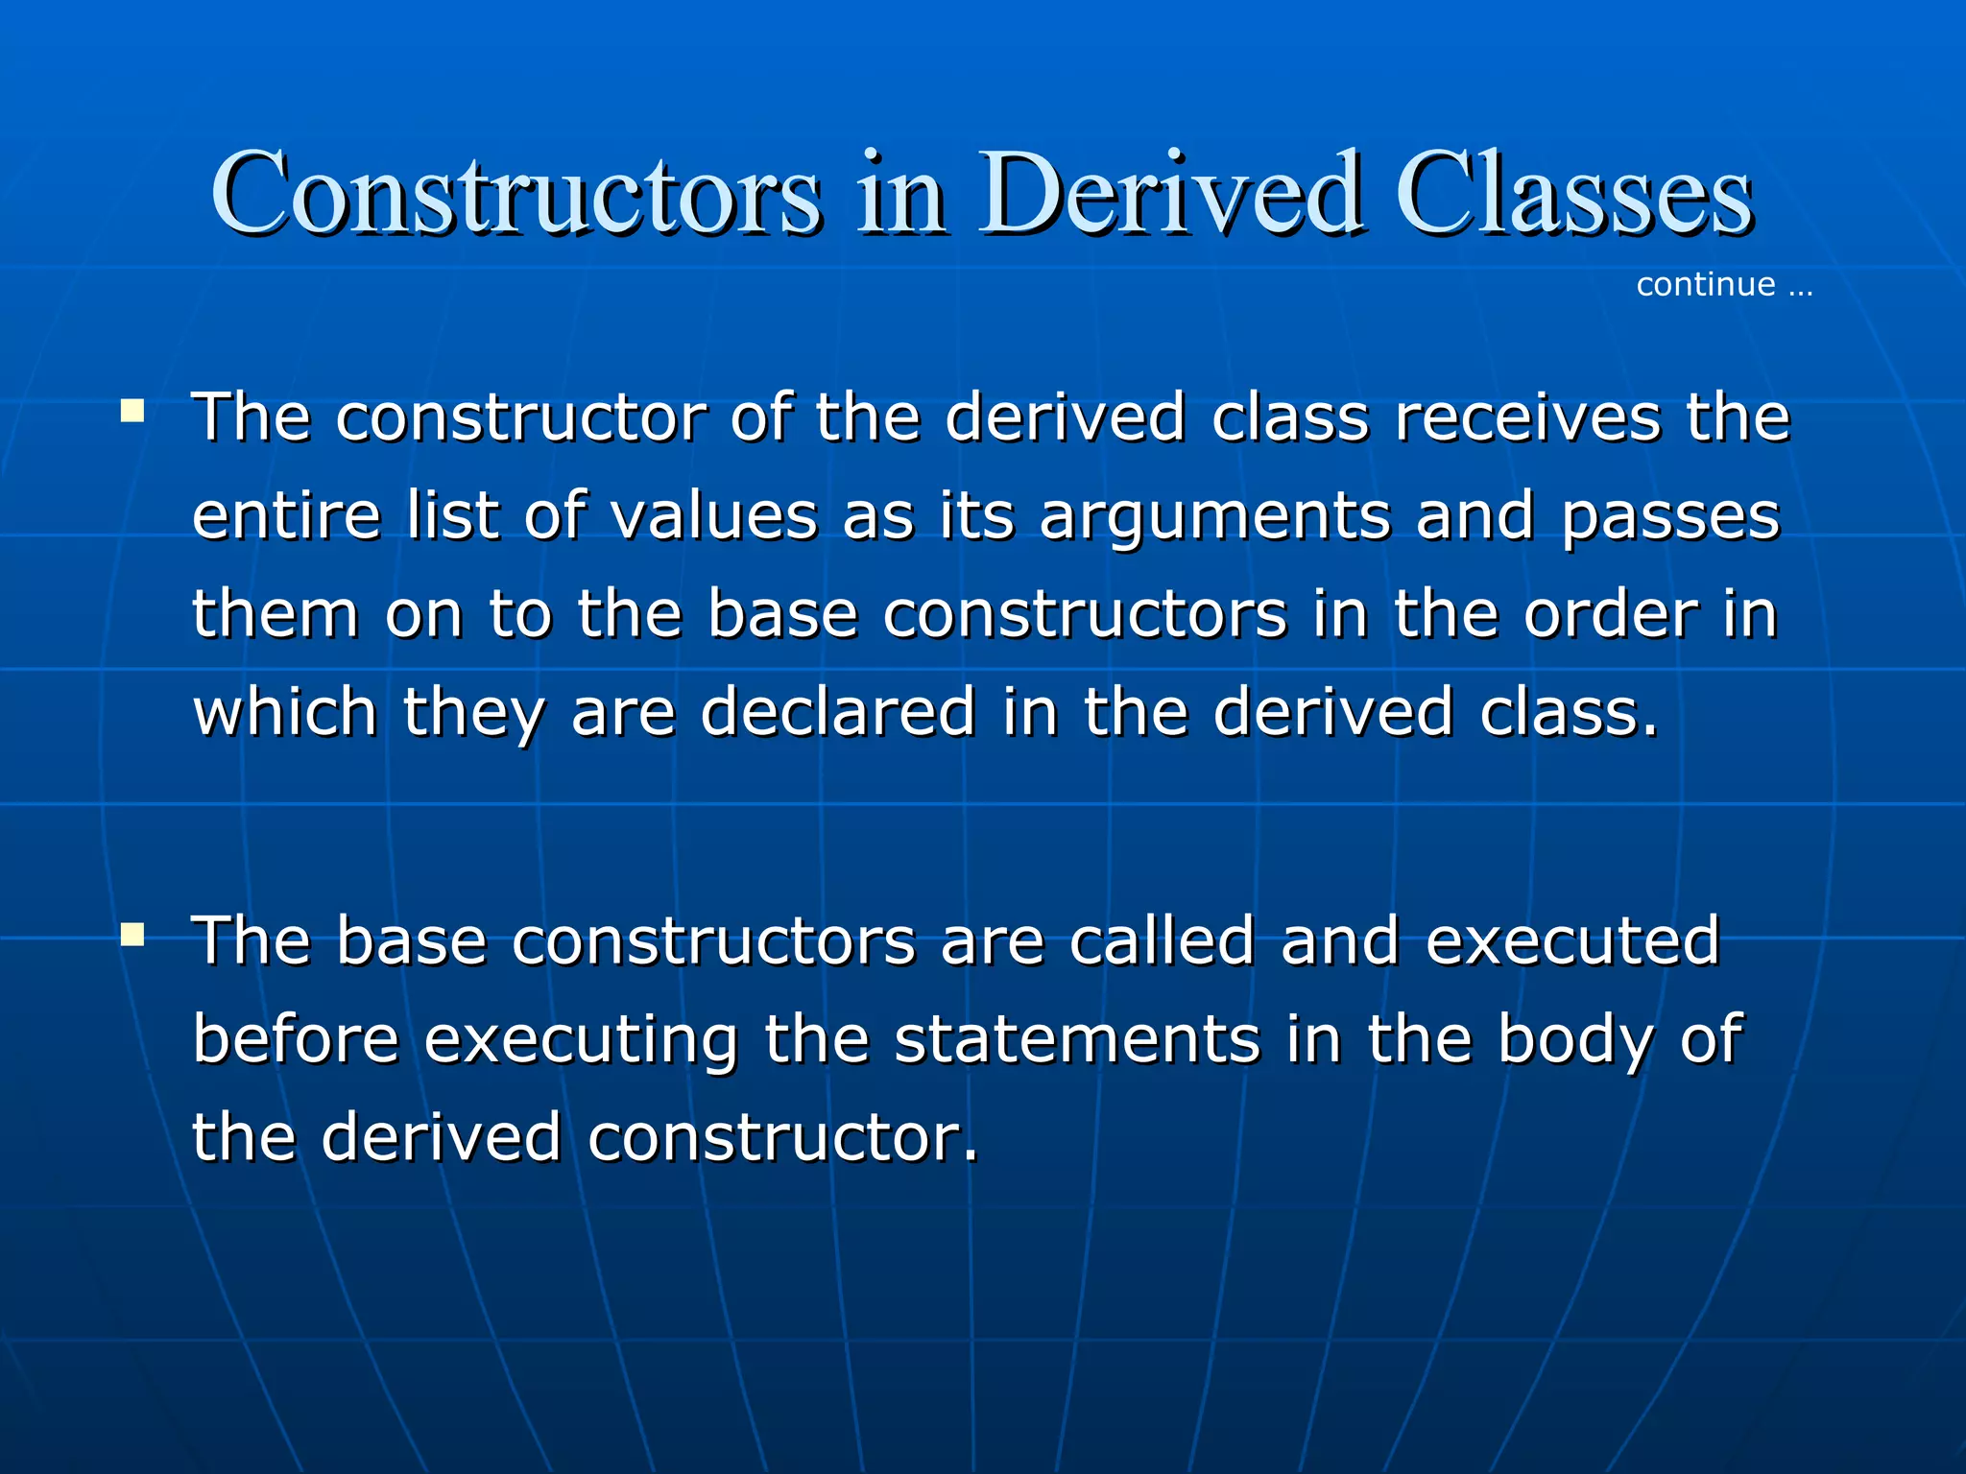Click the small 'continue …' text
click(x=1724, y=285)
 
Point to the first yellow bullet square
click(x=132, y=413)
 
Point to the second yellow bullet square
click(x=132, y=935)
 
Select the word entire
click(x=286, y=516)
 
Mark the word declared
click(x=838, y=712)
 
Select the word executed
click(x=1572, y=940)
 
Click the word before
click(x=296, y=1039)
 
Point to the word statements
click(x=1077, y=1039)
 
